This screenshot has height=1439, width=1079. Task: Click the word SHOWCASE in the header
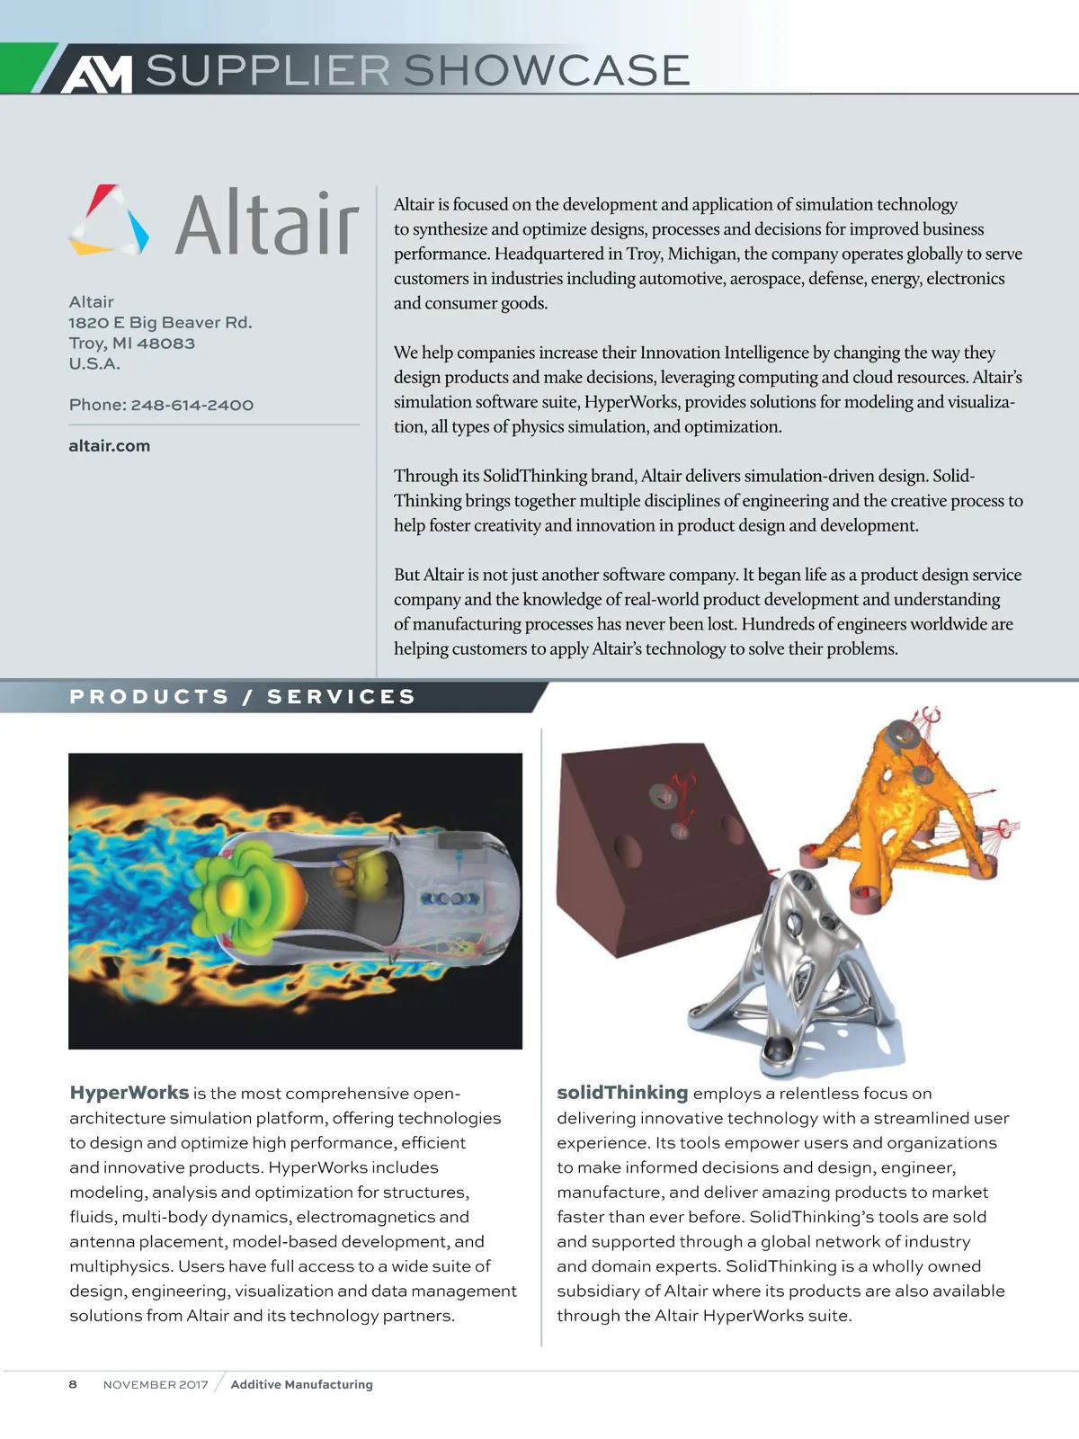click(x=547, y=70)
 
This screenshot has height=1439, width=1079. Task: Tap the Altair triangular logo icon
click(x=109, y=219)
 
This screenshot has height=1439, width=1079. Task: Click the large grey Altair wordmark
click(x=267, y=222)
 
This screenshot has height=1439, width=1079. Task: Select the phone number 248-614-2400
click(x=192, y=405)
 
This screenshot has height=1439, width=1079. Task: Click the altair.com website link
click(x=110, y=445)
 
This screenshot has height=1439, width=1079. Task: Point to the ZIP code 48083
click(x=165, y=343)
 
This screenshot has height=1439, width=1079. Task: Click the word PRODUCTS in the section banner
click(x=149, y=696)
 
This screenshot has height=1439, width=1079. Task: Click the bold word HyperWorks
click(x=129, y=1093)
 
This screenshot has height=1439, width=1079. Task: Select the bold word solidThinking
click(x=622, y=1093)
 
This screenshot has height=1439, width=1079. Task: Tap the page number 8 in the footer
click(x=73, y=1384)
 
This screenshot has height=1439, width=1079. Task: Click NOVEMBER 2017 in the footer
click(x=156, y=1384)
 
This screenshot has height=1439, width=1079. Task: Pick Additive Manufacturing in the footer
click(x=301, y=1384)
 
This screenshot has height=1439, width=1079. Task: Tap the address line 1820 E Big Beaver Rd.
click(x=160, y=322)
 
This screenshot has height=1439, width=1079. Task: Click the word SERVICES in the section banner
click(x=342, y=696)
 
